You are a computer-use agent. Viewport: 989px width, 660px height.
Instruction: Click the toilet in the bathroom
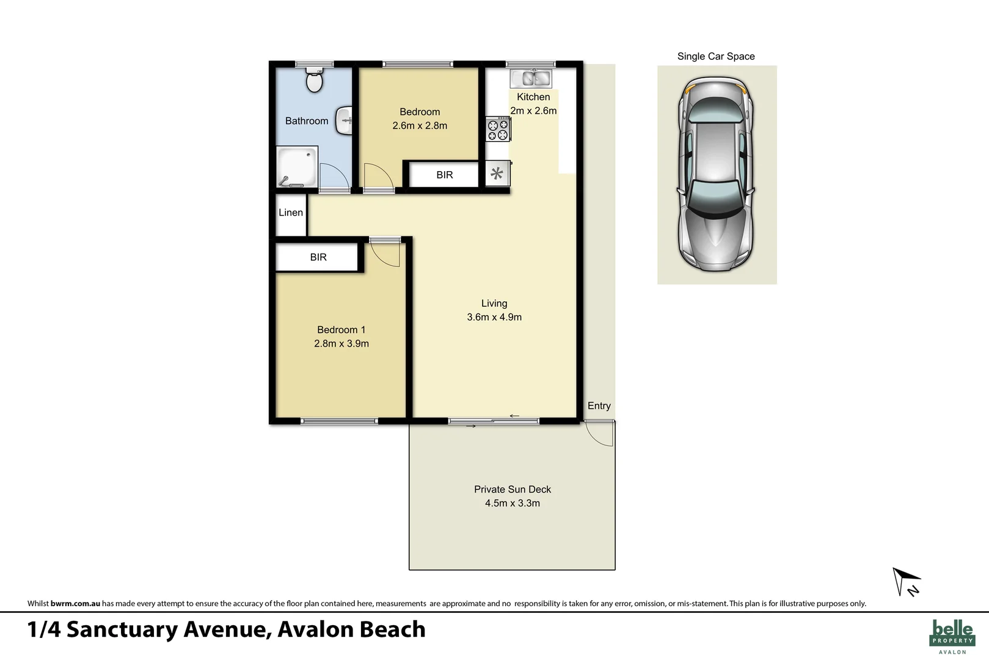[314, 80]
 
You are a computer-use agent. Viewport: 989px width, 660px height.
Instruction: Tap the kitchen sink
[531, 78]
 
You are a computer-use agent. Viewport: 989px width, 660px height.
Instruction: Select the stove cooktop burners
[497, 130]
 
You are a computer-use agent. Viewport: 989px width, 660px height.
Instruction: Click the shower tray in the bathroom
[297, 166]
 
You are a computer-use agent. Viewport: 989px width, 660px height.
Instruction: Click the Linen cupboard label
[291, 213]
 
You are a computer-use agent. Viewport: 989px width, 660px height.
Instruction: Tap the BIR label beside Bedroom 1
[318, 257]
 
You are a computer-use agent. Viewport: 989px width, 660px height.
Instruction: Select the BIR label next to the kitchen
[445, 175]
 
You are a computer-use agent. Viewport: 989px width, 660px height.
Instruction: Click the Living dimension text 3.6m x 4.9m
[494, 317]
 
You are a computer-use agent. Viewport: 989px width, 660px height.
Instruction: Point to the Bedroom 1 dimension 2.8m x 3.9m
[341, 343]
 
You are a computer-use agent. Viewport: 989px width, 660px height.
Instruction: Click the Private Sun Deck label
[513, 490]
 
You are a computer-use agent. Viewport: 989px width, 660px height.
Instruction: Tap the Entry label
[599, 406]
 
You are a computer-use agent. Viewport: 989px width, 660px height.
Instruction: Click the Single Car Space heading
[716, 56]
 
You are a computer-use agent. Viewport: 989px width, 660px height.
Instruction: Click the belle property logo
[952, 636]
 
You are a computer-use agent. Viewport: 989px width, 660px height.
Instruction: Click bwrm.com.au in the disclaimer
[75, 603]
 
